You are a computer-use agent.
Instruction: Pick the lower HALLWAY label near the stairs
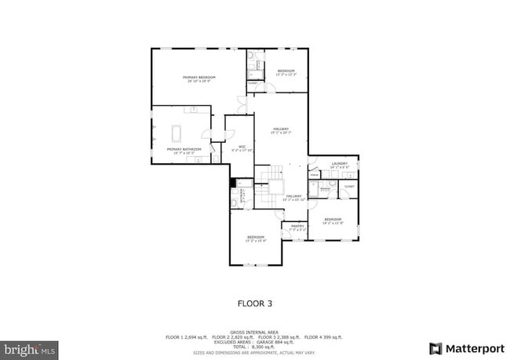(294, 197)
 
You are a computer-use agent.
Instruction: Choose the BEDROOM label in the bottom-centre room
(256, 238)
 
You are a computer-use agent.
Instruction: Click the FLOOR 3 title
(254, 302)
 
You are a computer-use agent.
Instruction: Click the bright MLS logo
(30, 347)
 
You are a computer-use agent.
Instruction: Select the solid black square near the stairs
(233, 184)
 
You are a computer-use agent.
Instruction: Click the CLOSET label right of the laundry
(349, 187)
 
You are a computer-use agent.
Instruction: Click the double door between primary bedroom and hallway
(242, 104)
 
